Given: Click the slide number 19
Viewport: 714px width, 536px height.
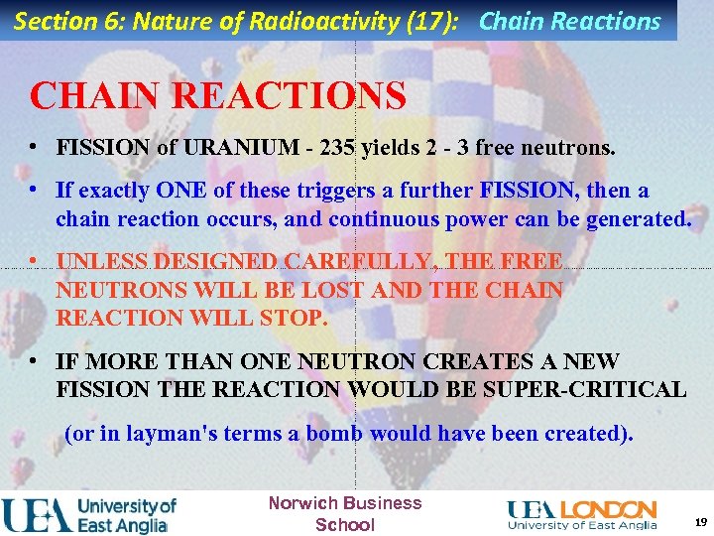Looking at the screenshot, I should click(x=700, y=522).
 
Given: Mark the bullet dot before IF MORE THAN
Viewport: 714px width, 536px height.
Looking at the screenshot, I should click(x=34, y=361).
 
